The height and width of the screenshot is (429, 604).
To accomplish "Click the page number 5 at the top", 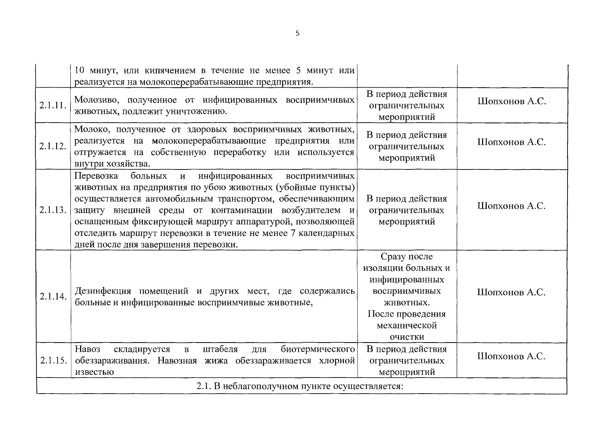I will tap(298, 34).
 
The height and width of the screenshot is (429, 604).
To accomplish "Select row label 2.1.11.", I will tap(53, 105).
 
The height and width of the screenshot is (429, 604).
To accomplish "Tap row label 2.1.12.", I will tap(53, 146).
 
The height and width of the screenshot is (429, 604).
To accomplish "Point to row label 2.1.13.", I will tap(53, 210).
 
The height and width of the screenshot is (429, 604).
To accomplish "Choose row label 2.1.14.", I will tap(53, 296).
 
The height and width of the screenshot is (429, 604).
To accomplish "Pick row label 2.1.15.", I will tap(53, 360).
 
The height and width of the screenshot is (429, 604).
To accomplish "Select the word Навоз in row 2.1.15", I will tap(88, 349).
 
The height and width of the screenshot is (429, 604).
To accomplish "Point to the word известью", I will tap(94, 372).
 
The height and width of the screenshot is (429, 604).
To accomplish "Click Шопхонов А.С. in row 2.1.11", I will tap(511, 101).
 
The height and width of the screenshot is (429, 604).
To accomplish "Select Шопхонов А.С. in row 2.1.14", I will tap(511, 292).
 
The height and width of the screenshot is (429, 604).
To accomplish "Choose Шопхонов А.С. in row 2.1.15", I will tap(511, 356).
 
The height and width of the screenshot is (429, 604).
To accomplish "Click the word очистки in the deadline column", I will tap(407, 337).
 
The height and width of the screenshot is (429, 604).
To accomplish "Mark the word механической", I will tap(407, 325).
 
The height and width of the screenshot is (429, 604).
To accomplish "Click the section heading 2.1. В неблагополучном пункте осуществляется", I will tap(300, 386).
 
